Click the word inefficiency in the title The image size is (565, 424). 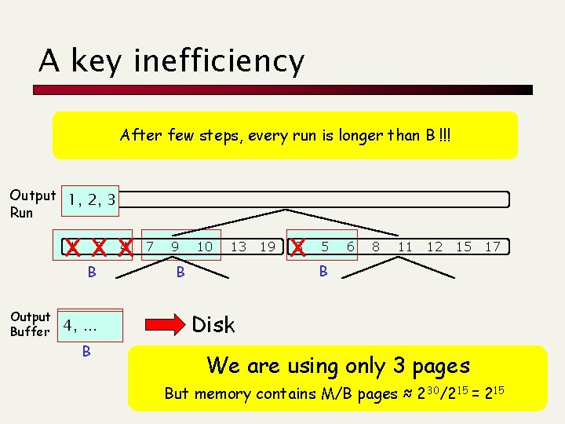219,61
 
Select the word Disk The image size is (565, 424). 213,324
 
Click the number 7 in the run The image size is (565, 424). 150,247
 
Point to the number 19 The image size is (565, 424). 268,247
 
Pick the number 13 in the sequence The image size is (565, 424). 238,247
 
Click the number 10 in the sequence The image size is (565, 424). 204,247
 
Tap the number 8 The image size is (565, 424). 377,247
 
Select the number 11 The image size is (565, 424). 405,247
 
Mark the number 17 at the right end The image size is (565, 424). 493,247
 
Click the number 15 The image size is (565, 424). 464,247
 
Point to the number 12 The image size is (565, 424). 434,247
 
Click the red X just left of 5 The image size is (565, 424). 297,247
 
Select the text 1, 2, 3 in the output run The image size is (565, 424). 92,199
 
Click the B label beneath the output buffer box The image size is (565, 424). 86,352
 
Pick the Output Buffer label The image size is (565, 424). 31,324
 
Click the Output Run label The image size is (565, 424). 32,203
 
